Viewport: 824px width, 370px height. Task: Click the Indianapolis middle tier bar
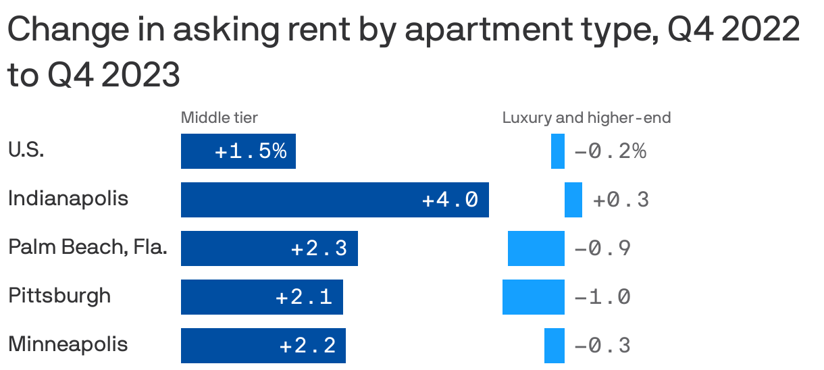334,200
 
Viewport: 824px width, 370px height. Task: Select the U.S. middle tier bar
238,151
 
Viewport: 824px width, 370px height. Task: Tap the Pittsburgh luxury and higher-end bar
533,297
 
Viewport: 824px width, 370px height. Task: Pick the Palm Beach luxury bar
536,248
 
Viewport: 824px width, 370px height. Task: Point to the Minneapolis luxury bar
554,346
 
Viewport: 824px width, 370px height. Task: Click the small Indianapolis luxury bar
573,200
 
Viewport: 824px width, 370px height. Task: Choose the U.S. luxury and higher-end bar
557,151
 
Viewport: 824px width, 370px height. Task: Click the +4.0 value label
450,200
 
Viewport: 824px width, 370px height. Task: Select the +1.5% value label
251,151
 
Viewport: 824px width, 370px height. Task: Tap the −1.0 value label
602,297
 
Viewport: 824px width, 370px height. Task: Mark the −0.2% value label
610,151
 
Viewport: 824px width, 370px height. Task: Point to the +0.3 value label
621,200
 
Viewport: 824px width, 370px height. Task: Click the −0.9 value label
602,248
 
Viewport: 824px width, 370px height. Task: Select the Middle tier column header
220,118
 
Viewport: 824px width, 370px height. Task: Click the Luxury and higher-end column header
586,118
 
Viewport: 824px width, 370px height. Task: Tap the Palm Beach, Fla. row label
87,248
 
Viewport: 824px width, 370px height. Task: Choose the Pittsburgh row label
59,296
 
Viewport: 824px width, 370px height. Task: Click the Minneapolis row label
68,344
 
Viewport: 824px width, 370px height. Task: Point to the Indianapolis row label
68,199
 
